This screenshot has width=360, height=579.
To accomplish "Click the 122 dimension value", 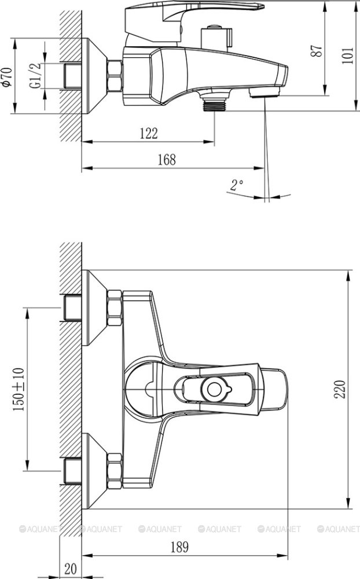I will coord(148,133).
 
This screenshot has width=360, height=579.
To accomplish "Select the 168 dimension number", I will coord(166,160).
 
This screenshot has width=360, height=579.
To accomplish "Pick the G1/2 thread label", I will coord(36,76).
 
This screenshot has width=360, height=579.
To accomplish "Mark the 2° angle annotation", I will coord(237,185).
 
